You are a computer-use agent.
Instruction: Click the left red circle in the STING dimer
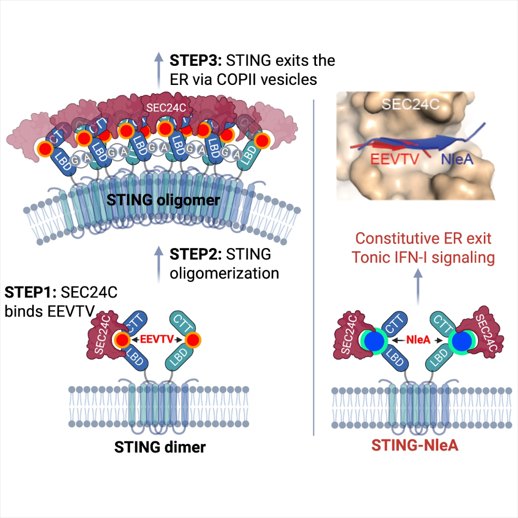click(122, 340)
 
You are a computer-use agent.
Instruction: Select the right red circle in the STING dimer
click(193, 340)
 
